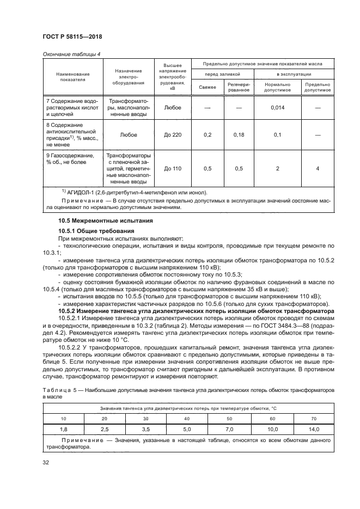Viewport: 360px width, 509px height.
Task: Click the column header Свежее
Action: coord(207,87)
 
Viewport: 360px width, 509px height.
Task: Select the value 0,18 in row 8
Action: coord(238,134)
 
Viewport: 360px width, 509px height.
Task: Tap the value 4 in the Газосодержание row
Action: coord(318,169)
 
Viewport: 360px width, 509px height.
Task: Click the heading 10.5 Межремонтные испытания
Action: coord(98,220)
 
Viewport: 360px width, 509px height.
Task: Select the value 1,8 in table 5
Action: coord(63,430)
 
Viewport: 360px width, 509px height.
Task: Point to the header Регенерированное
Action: coord(238,87)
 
